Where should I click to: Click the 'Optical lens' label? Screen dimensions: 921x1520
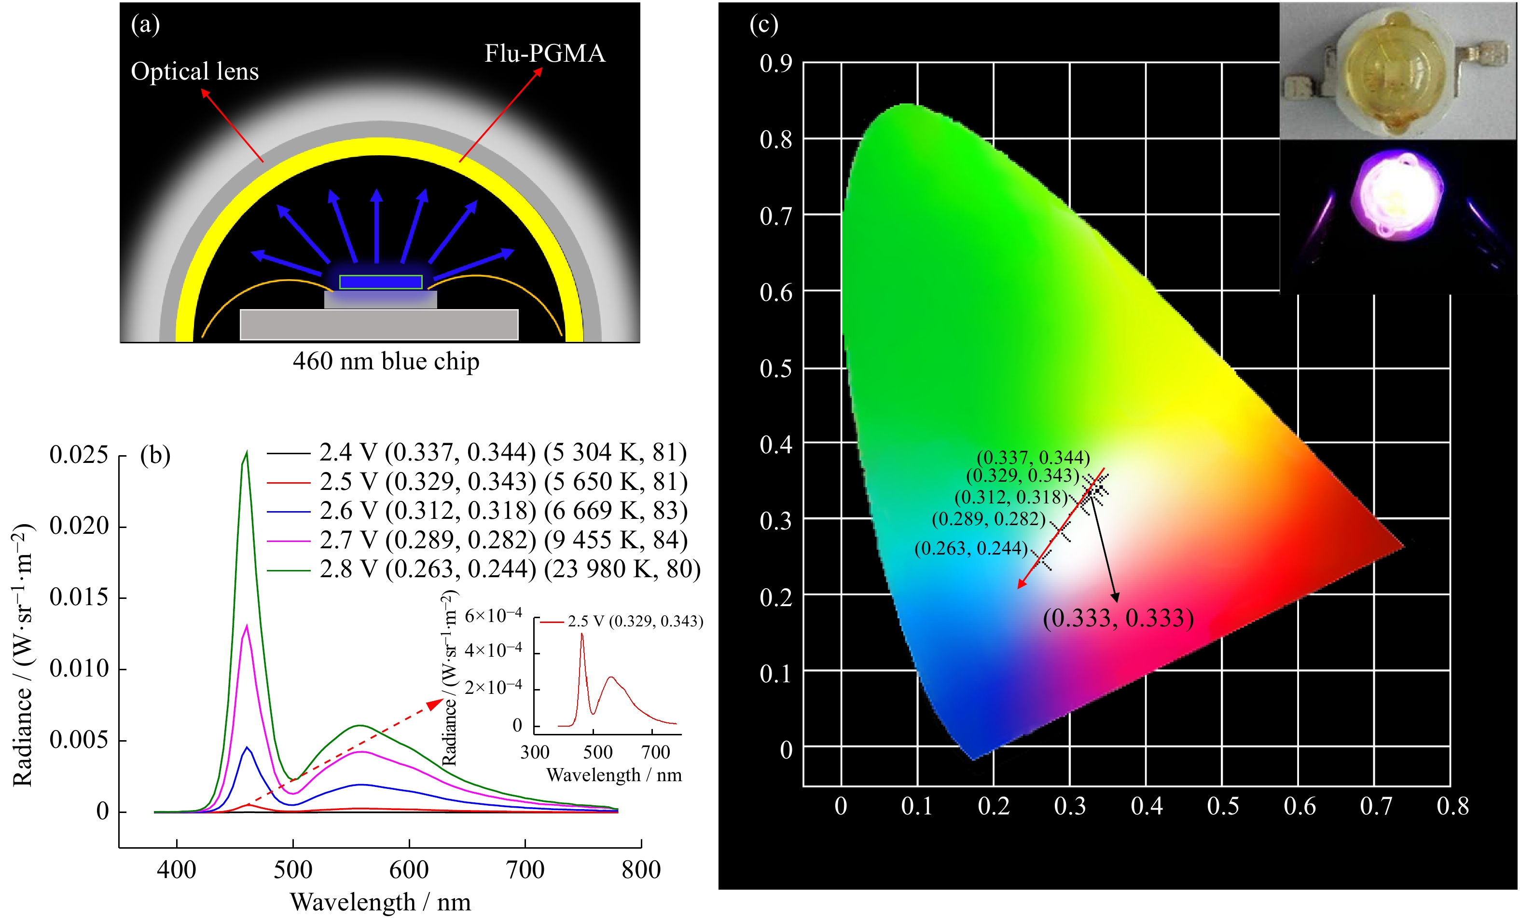click(194, 71)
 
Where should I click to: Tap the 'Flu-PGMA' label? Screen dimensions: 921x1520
click(544, 54)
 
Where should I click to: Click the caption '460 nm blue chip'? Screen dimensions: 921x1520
click(386, 361)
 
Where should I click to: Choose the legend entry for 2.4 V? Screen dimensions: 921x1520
click(477, 452)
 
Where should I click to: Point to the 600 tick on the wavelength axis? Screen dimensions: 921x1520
click(409, 869)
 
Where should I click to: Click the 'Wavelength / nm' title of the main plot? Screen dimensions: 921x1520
click(380, 902)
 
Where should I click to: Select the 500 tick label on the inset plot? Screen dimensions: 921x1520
click(597, 752)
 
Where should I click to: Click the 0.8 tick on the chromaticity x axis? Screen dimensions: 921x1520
click(1452, 806)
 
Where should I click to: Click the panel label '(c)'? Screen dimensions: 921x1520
click(763, 25)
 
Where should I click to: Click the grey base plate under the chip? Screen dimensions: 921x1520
click(379, 324)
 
